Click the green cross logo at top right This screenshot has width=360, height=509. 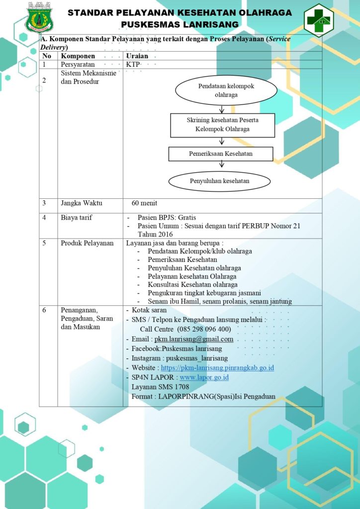pyautogui.click(x=319, y=20)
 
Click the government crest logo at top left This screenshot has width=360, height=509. pyautogui.click(x=39, y=18)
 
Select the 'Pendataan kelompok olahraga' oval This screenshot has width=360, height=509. pyautogui.click(x=226, y=90)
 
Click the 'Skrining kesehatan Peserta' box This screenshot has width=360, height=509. pyautogui.click(x=222, y=125)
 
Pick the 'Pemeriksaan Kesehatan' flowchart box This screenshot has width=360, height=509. pyautogui.click(x=220, y=154)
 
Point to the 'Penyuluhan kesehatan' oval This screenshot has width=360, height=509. pyautogui.click(x=219, y=181)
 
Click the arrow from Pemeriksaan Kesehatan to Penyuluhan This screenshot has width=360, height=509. pyautogui.click(x=222, y=164)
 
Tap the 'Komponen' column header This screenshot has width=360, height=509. pyautogui.click(x=78, y=56)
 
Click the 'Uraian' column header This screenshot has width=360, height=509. pyautogui.click(x=137, y=56)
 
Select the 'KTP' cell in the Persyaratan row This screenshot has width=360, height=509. pyautogui.click(x=133, y=64)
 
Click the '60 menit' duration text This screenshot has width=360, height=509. pyautogui.click(x=144, y=203)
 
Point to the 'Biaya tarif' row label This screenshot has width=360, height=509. pyautogui.click(x=76, y=218)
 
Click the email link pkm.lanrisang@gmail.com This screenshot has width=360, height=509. pyautogui.click(x=194, y=339)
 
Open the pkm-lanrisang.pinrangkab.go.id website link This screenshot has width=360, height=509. pyautogui.click(x=217, y=368)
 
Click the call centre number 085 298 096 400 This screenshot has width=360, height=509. pyautogui.click(x=204, y=330)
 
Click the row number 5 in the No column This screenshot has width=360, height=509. pyautogui.click(x=44, y=243)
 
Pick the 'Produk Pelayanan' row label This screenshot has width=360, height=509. pyautogui.click(x=87, y=243)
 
